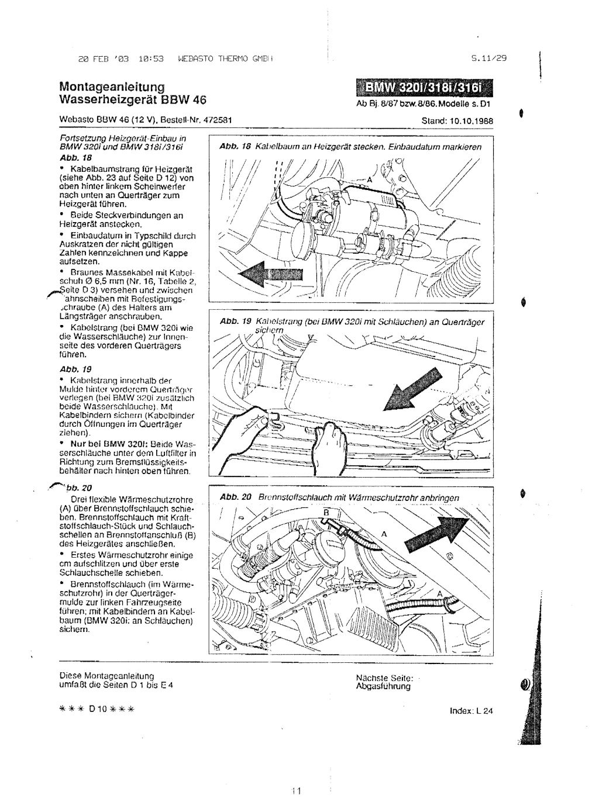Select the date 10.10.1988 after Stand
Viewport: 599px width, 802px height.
[471, 121]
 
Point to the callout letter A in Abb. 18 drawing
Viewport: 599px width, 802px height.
[369, 179]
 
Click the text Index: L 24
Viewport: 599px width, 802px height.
[471, 711]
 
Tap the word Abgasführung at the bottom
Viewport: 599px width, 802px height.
[383, 686]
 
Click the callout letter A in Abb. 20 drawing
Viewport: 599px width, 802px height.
[384, 534]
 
